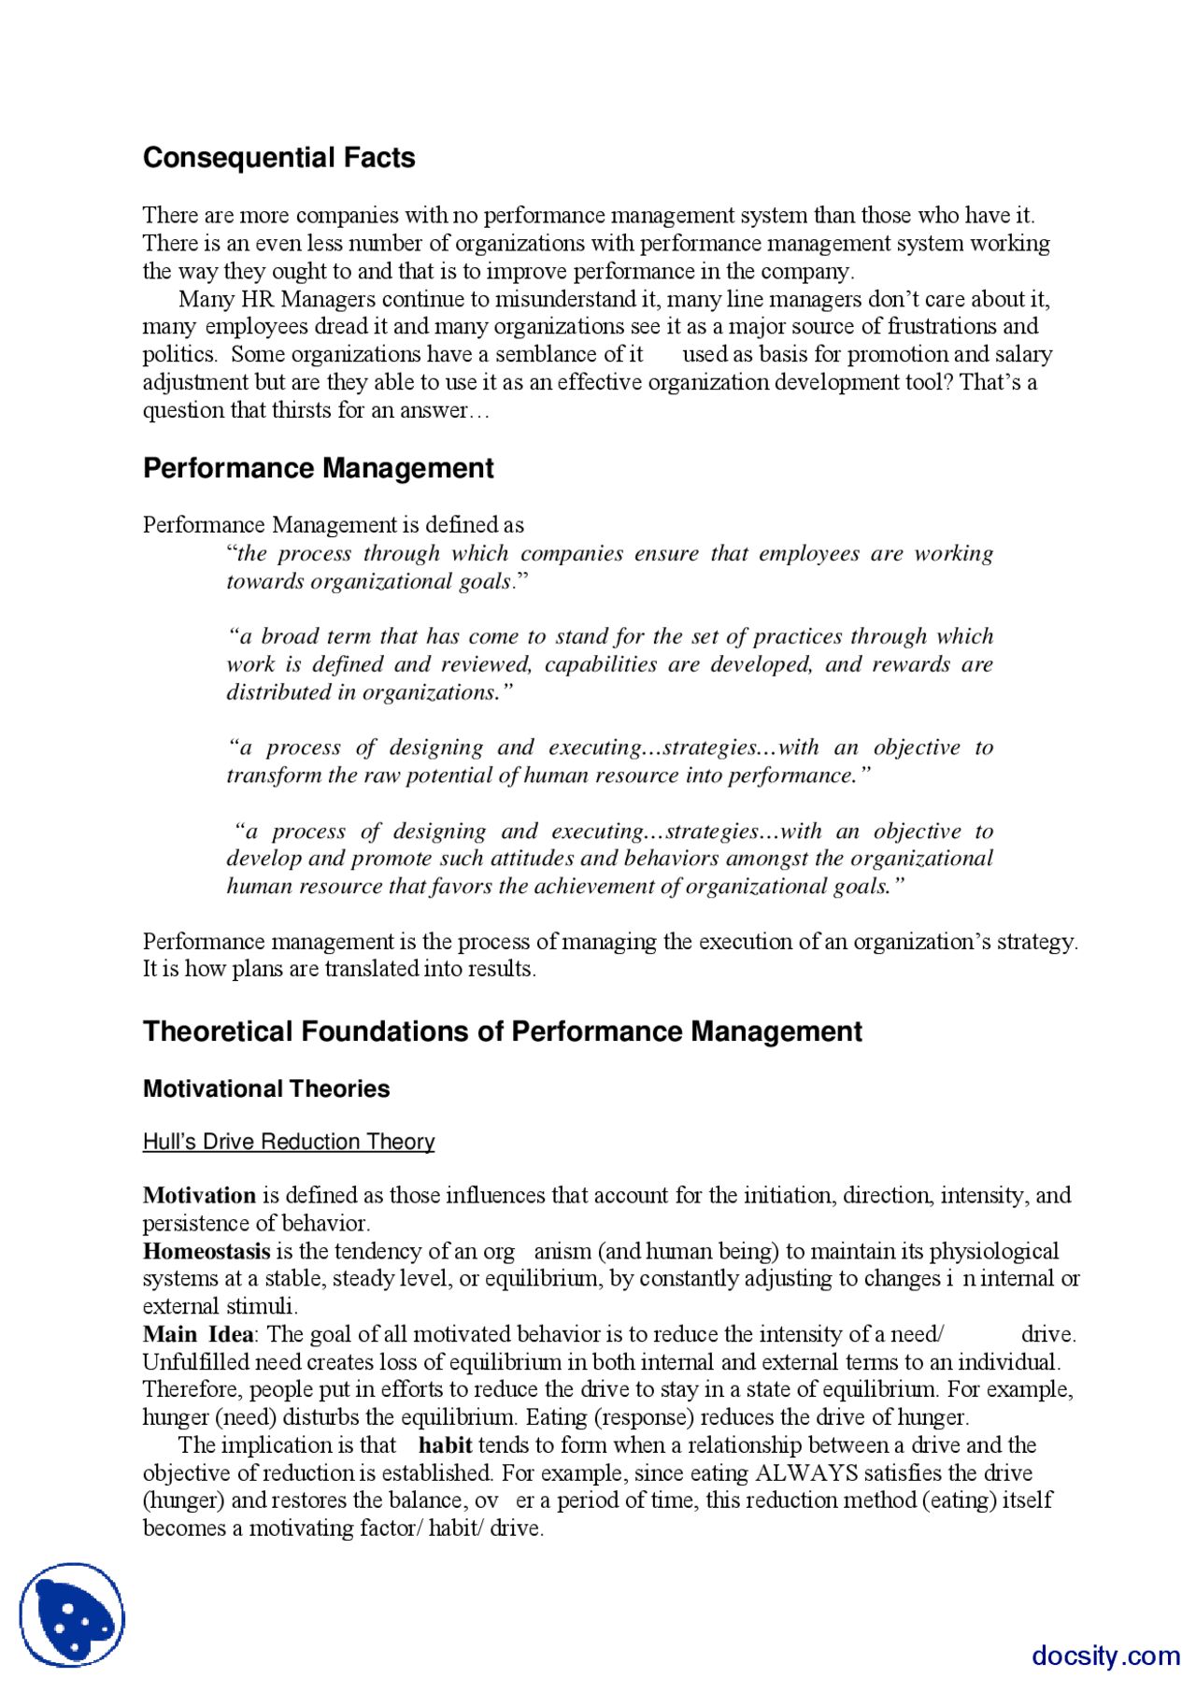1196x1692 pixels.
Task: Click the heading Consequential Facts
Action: click(x=278, y=158)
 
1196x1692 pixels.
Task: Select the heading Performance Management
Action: click(x=318, y=468)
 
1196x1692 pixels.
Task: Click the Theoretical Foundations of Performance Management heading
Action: click(x=502, y=1031)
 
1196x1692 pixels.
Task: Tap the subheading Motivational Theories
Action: click(x=266, y=1088)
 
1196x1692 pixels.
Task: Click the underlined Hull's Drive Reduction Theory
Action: click(x=289, y=1142)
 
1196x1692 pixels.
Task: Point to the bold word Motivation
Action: click(x=199, y=1195)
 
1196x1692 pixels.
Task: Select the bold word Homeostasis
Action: click(x=206, y=1251)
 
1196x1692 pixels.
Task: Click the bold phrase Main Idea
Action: click(x=197, y=1334)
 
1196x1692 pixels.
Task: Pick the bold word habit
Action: click(x=445, y=1445)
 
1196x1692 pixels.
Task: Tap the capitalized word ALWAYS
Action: click(x=805, y=1473)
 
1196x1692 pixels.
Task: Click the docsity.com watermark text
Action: click(x=1105, y=1656)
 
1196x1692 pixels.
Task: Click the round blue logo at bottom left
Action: click(x=73, y=1614)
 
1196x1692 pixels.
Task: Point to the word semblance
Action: click(x=547, y=354)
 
